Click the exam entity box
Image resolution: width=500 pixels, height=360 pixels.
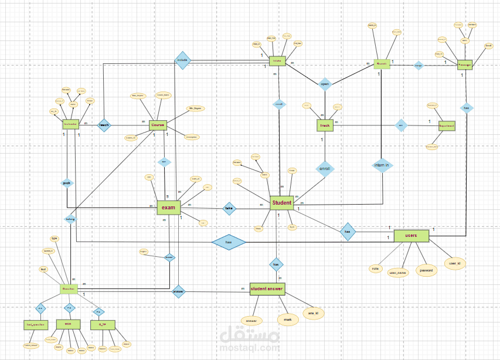point(168,207)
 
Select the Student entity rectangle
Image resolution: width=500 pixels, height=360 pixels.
point(281,203)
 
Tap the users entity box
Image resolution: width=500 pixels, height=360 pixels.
point(411,236)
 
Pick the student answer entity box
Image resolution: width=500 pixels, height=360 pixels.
point(267,288)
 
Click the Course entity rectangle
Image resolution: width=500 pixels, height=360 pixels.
point(158,125)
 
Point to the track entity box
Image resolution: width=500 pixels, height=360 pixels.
point(325,125)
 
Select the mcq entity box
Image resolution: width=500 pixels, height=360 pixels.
point(68,324)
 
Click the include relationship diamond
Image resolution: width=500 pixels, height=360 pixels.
point(182,59)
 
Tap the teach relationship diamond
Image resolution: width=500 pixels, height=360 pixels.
point(104,125)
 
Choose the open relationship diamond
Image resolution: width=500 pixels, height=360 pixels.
point(325,84)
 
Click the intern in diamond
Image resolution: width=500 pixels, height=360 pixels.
point(382,166)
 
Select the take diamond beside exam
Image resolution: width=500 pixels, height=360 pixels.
point(229,208)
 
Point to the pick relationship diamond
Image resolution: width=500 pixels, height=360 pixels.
point(67,183)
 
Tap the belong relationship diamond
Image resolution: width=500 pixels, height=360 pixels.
point(70,219)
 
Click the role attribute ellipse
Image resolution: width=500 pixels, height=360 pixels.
point(375,269)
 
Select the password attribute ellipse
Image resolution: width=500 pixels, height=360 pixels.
point(426,270)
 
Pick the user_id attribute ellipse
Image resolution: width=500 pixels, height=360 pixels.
point(455,263)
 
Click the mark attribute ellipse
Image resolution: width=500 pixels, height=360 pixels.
point(287,320)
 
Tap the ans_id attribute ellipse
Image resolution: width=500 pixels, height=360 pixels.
point(313,313)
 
